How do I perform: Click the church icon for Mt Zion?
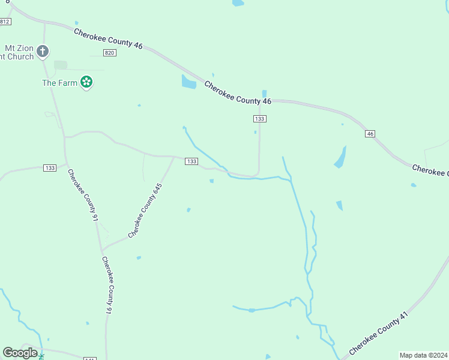click(42, 52)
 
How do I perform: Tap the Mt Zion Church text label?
click(17, 52)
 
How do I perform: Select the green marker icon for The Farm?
click(86, 82)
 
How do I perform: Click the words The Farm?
click(59, 83)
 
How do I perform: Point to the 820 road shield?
click(109, 53)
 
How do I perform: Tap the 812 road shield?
click(5, 22)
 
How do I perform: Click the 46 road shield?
click(370, 133)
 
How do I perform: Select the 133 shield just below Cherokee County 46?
click(259, 119)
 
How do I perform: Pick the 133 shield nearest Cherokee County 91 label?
click(50, 167)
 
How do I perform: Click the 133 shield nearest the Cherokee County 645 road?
click(191, 161)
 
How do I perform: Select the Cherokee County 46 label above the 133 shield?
click(238, 93)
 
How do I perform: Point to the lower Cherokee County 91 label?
click(107, 287)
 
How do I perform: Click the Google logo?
click(20, 353)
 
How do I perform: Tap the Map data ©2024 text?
click(423, 355)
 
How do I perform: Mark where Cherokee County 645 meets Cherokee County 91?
click(101, 249)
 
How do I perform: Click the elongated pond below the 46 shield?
click(340, 157)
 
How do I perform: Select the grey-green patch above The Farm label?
click(61, 65)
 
